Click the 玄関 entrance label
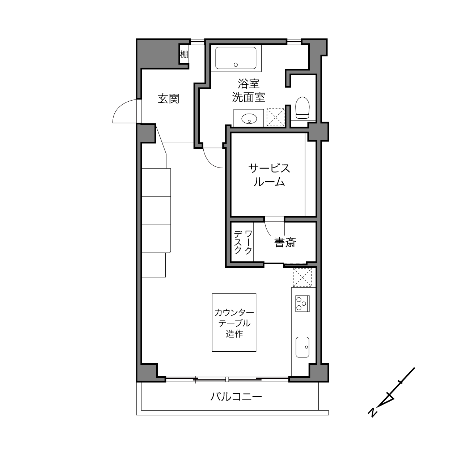pyautogui.click(x=168, y=98)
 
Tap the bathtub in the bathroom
pyautogui.click(x=236, y=58)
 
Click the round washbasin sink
pyautogui.click(x=249, y=118)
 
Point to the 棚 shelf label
pyautogui.click(x=184, y=55)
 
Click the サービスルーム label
pyautogui.click(x=269, y=175)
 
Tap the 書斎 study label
pyautogui.click(x=285, y=242)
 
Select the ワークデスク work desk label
pyautogui.click(x=243, y=242)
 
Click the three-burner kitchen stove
pyautogui.click(x=302, y=304)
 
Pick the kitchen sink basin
pyautogui.click(x=302, y=347)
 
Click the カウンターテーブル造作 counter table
pyautogui.click(x=234, y=323)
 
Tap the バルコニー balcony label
pyautogui.click(x=236, y=397)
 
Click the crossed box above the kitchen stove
pyautogui.click(x=302, y=278)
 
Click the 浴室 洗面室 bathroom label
pyautogui.click(x=249, y=90)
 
